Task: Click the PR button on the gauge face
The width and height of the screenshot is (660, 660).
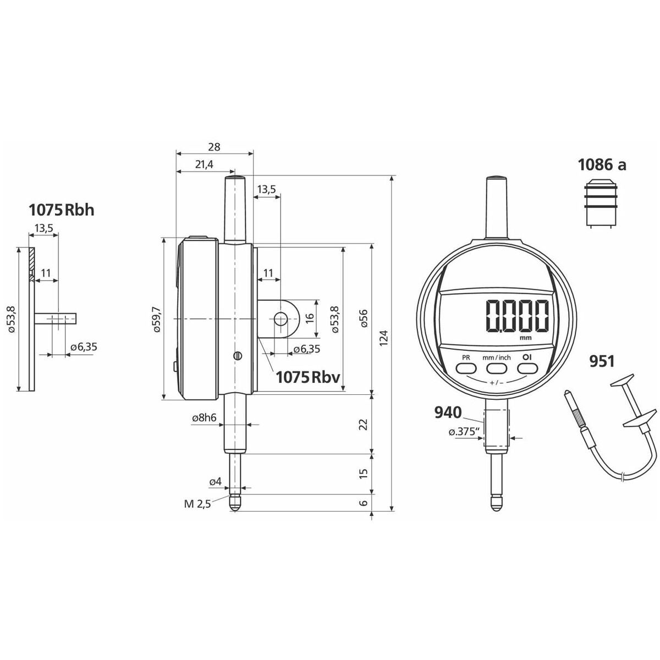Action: coord(466,368)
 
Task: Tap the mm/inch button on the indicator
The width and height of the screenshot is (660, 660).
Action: coord(496,368)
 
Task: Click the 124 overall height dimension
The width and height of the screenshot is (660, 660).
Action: coord(384,337)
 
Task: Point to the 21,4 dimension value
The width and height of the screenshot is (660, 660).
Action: coord(204,165)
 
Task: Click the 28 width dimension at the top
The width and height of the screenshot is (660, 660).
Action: coord(214,147)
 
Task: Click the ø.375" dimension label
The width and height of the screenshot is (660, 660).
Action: coord(464,432)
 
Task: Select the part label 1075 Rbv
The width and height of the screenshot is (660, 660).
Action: coord(308,377)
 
